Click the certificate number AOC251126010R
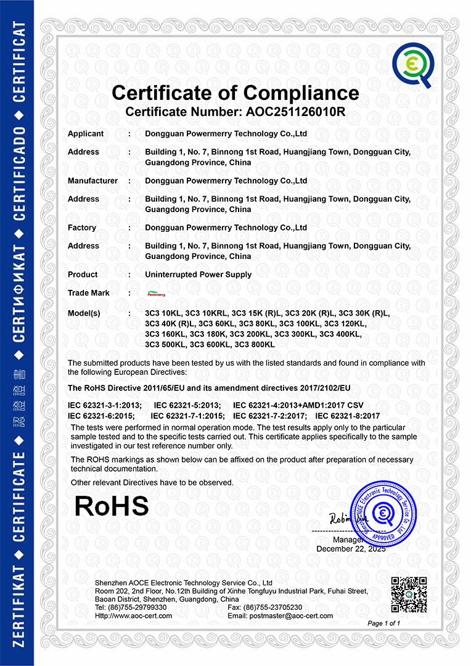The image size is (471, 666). (x=297, y=112)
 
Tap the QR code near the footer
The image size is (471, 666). (x=409, y=594)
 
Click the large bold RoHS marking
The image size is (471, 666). (x=112, y=506)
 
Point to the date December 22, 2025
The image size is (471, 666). (x=351, y=549)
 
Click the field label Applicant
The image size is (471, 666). (x=86, y=134)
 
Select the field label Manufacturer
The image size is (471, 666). (x=92, y=181)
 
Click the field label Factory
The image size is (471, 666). (x=82, y=228)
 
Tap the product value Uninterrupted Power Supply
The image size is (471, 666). (x=198, y=274)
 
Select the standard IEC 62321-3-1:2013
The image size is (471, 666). (x=105, y=405)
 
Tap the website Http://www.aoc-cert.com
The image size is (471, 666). (x=134, y=615)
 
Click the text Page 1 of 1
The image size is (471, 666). (x=383, y=623)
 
